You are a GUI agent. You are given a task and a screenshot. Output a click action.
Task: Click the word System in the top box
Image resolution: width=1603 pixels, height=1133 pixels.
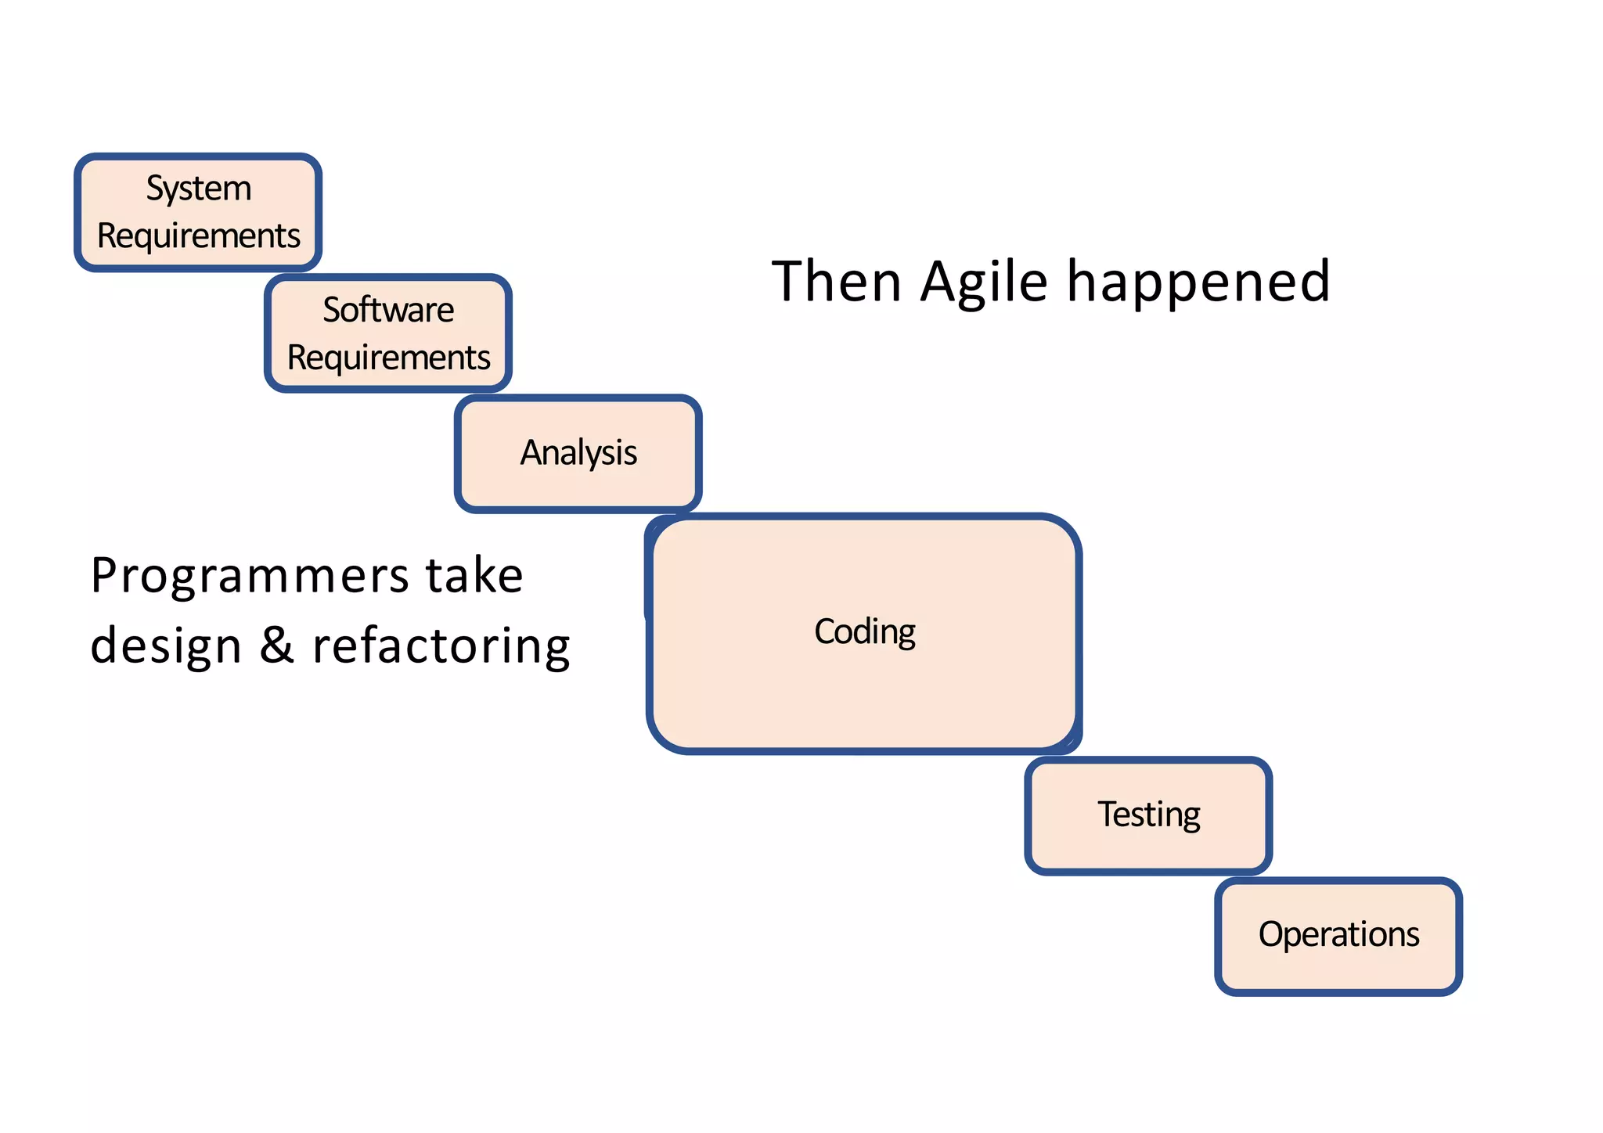coord(199,189)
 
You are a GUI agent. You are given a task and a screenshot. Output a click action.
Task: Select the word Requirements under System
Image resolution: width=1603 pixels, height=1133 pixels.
coord(199,236)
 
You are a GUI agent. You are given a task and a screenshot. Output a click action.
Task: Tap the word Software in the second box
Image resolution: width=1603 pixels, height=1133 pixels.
coord(388,310)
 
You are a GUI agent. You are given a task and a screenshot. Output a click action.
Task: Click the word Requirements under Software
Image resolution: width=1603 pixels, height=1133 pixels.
coord(388,358)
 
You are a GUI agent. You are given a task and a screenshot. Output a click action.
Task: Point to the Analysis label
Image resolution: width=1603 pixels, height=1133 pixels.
coord(578,453)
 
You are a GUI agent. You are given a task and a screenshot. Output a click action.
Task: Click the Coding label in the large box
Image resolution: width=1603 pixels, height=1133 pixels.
coord(864,632)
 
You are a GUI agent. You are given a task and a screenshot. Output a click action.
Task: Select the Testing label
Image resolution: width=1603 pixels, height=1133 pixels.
coord(1148,815)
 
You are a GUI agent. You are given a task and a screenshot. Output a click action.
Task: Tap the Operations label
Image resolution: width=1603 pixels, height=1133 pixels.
coord(1338,934)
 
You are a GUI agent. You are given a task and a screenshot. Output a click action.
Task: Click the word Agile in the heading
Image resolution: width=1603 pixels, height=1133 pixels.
coord(984,282)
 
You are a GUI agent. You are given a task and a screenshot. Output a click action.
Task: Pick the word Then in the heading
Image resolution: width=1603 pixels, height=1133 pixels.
coord(836,282)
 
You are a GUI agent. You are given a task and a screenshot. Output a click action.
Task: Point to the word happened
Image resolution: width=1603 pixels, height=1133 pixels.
coord(1198,282)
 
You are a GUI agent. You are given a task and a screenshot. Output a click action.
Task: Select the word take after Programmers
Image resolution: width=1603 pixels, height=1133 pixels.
coord(474,576)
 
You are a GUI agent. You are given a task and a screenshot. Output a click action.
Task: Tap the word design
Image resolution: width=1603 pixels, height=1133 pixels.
coord(166,646)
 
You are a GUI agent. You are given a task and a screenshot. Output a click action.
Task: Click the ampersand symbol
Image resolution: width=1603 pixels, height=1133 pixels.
coord(277,646)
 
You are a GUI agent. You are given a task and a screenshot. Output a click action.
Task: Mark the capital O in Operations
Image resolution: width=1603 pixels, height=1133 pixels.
coord(1271,934)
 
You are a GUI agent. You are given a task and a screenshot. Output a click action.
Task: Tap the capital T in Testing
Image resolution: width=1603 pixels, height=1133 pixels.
coord(1107,814)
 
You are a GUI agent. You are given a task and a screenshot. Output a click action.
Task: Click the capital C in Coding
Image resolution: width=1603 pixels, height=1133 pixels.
coord(826,632)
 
